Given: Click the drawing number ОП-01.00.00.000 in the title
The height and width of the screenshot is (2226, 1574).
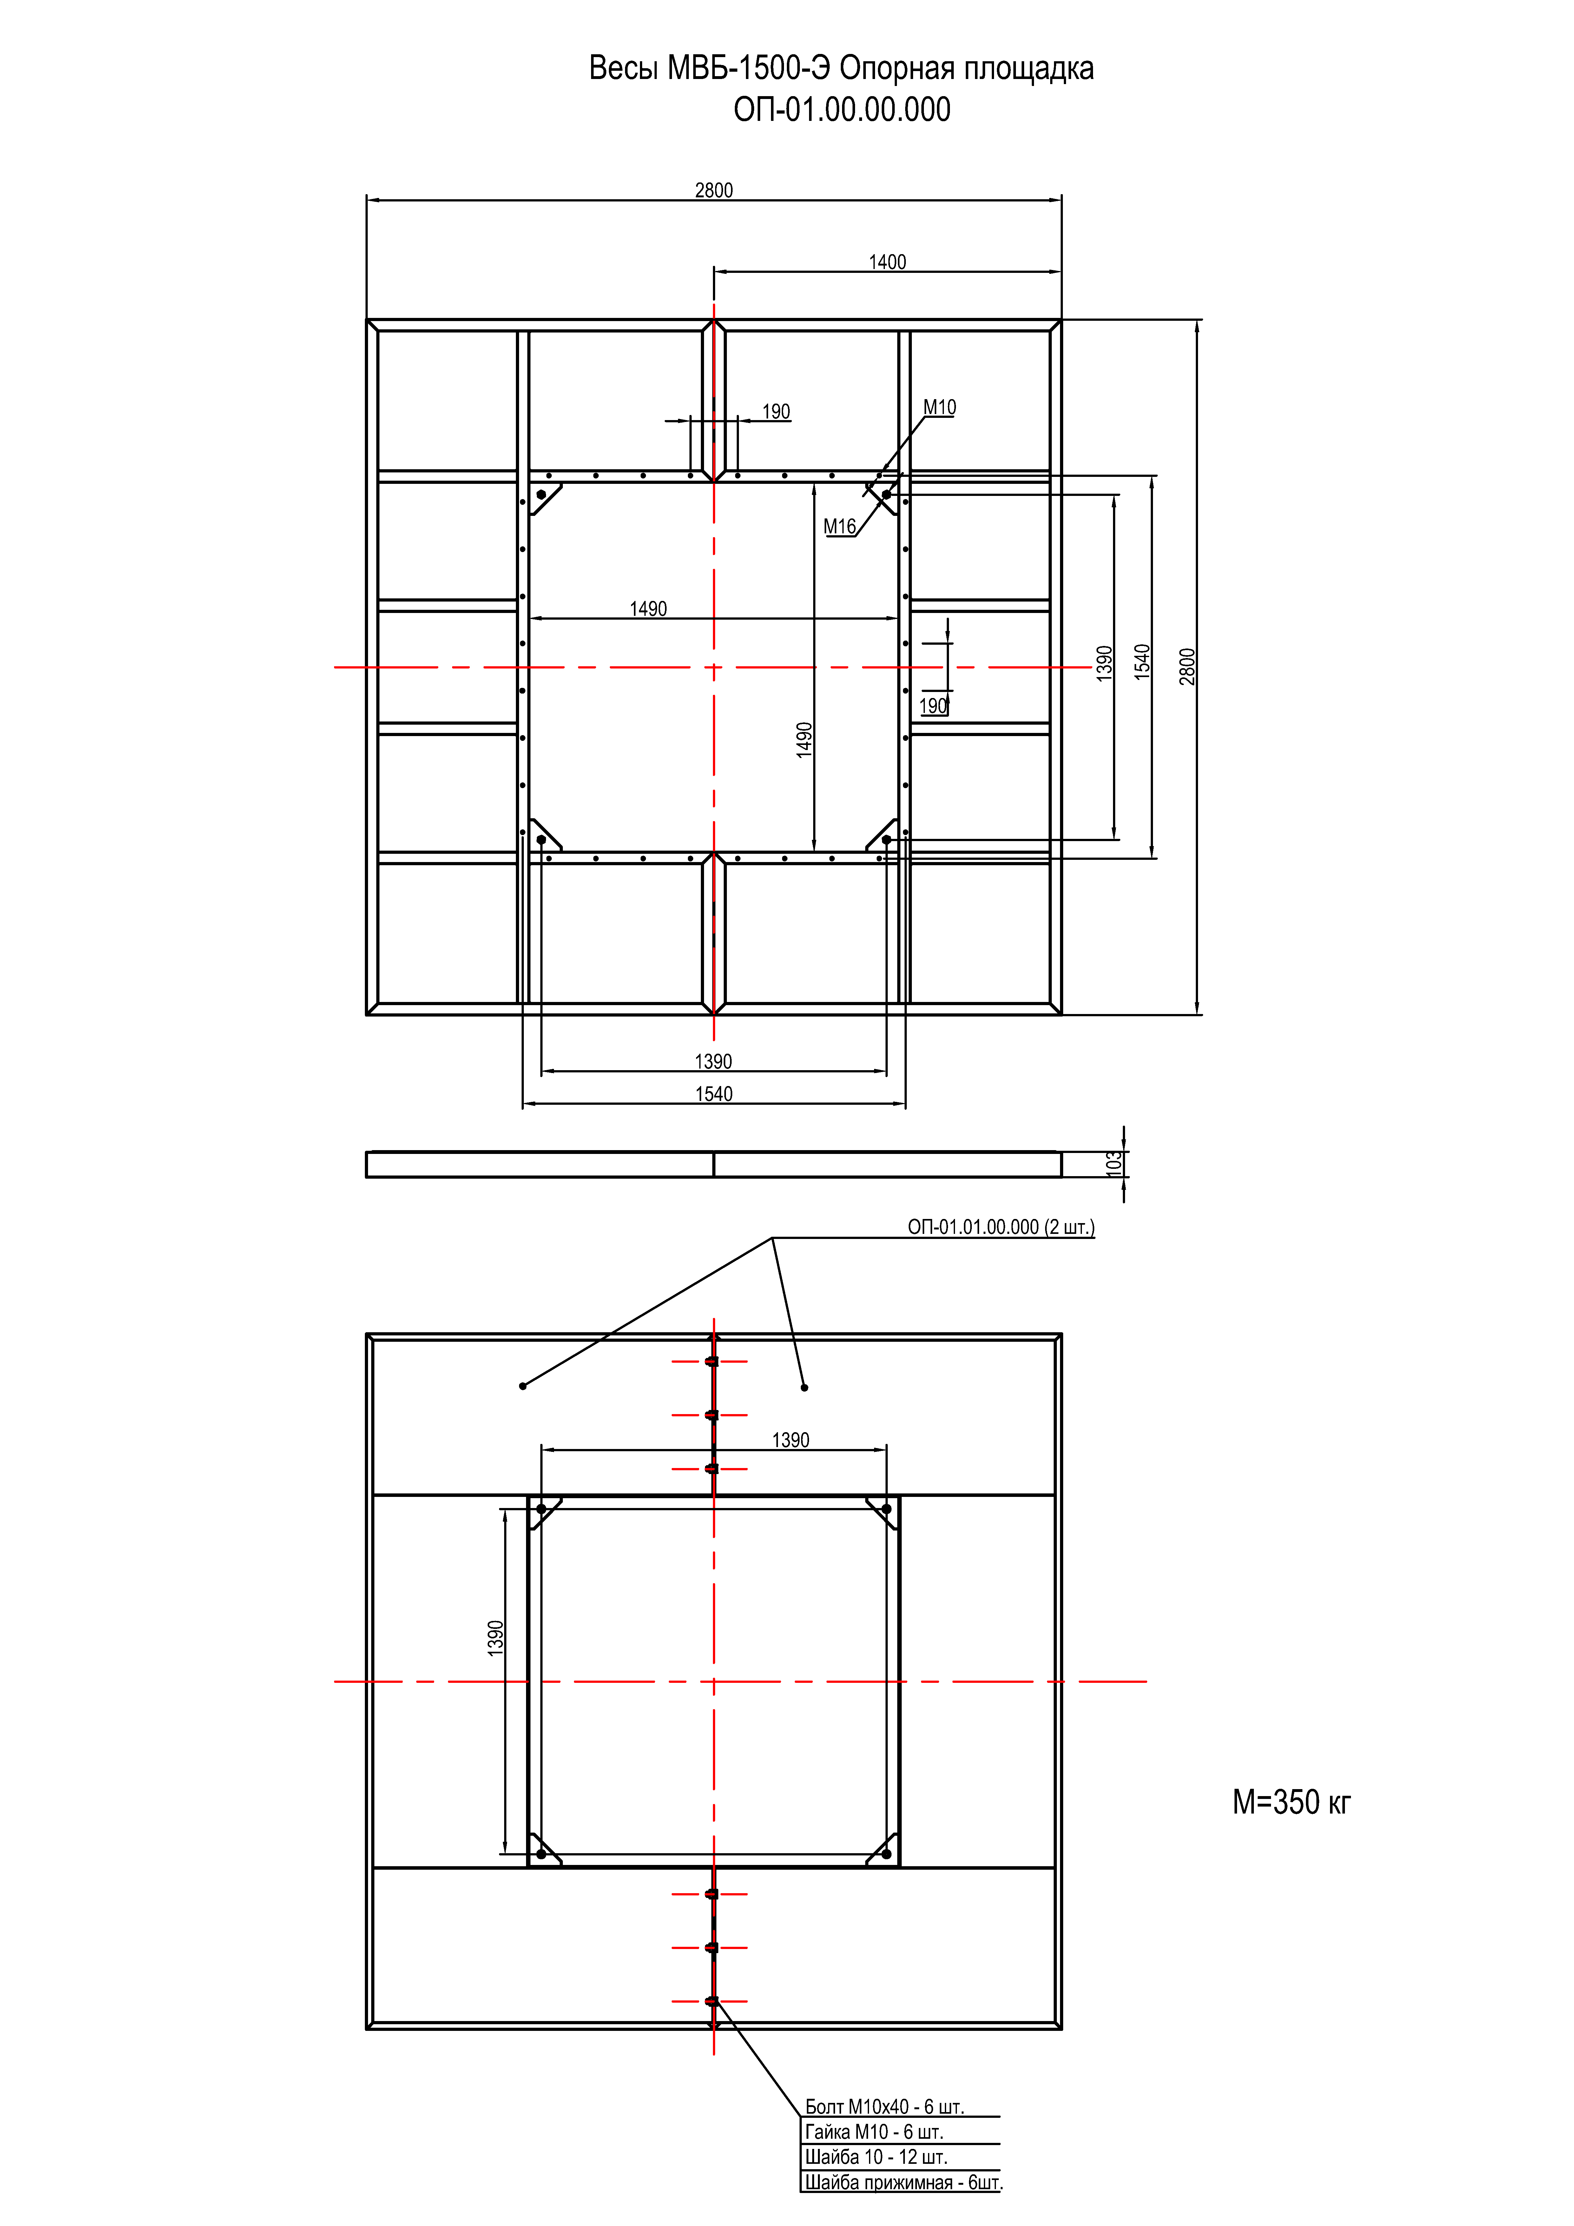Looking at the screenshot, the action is tap(842, 109).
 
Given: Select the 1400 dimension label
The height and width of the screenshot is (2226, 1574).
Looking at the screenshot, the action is tap(887, 262).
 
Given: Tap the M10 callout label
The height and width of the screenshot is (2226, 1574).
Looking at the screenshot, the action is tap(939, 407).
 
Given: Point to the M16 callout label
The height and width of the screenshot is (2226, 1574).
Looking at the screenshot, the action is tap(840, 526).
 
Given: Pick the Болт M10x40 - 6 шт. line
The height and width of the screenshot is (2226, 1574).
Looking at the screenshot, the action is tap(885, 2107).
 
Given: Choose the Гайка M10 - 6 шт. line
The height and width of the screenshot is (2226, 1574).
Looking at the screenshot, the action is tap(874, 2132).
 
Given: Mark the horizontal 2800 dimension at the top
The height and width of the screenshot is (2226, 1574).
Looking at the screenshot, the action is tap(714, 190).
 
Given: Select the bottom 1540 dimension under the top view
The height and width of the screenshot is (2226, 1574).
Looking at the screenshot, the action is tap(714, 1094).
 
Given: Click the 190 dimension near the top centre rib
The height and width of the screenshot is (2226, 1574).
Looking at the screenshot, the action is tap(776, 411).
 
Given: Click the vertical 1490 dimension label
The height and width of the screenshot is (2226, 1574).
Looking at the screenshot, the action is tap(804, 740).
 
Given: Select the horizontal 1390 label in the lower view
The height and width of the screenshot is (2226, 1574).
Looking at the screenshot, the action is tap(790, 1440).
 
